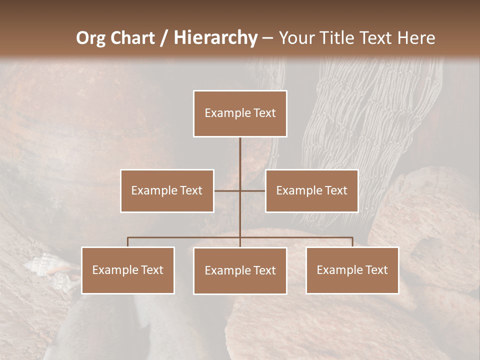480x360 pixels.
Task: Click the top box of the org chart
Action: coord(240,113)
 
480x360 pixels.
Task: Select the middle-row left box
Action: coord(167,190)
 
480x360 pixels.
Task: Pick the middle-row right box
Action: coord(311,190)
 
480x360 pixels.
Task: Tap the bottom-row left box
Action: coord(128,270)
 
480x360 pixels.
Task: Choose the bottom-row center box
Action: coord(240,270)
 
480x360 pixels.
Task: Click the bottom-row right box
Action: coord(352,270)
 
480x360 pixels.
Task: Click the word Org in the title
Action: coord(91,38)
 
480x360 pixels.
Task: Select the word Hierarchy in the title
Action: coord(215,38)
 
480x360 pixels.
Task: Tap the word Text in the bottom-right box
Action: coord(375,270)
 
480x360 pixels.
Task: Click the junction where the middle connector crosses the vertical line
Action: coord(240,190)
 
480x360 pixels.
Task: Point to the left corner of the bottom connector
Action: coord(128,237)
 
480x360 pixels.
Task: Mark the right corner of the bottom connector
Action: coord(352,237)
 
